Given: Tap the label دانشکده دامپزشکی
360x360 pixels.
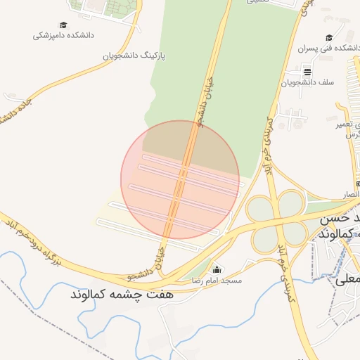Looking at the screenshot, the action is (x=64, y=34).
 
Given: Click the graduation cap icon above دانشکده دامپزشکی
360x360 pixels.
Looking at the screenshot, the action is (x=64, y=25).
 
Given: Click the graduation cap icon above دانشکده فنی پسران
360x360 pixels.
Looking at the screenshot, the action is (x=328, y=38).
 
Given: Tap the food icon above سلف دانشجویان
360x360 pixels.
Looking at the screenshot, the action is (x=307, y=72).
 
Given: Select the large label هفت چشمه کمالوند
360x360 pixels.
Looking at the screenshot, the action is (x=122, y=294).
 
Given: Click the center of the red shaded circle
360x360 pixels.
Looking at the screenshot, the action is (x=180, y=179).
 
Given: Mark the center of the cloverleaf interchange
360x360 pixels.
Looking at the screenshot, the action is (x=279, y=221).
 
